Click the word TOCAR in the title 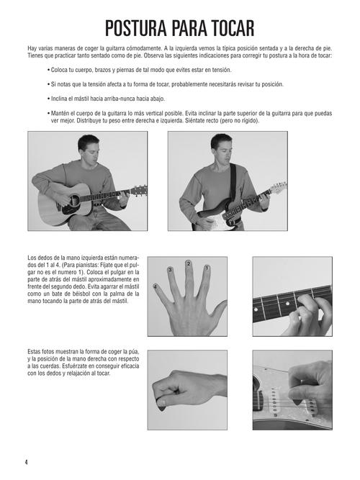[233, 29]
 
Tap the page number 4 [27, 462]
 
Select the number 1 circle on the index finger [207, 268]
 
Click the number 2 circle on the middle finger [189, 263]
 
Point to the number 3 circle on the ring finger [170, 270]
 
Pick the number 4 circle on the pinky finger [156, 287]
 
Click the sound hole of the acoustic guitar [74, 201]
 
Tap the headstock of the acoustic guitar [140, 191]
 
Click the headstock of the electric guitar [279, 187]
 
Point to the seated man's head [89, 149]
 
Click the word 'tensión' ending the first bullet [222, 70]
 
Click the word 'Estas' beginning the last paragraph [35, 352]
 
